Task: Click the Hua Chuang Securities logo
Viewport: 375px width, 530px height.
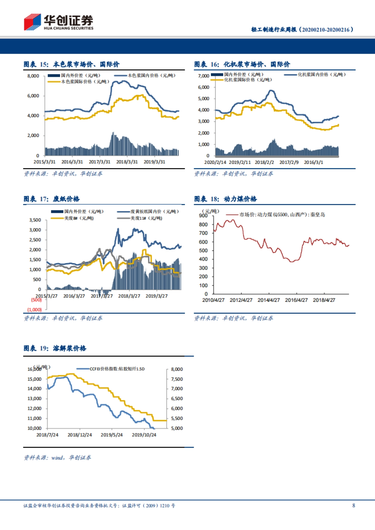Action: pyautogui.click(x=58, y=22)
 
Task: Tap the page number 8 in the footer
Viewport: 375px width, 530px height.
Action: pyautogui.click(x=353, y=505)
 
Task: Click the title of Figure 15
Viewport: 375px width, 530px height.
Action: pyautogui.click(x=72, y=64)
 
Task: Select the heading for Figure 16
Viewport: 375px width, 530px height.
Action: pyautogui.click(x=242, y=64)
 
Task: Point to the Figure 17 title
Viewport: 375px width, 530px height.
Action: pyautogui.click(x=52, y=199)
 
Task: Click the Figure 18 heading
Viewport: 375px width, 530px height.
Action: pyautogui.click(x=225, y=199)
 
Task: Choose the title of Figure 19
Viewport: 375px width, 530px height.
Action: pyautogui.click(x=55, y=348)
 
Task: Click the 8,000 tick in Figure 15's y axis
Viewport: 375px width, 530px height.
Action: pyautogui.click(x=33, y=76)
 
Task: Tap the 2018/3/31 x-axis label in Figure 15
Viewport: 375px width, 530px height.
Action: pyautogui.click(x=127, y=162)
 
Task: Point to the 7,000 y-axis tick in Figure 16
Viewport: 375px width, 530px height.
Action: pyautogui.click(x=203, y=76)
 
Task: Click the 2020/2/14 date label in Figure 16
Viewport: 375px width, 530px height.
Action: pyautogui.click(x=215, y=162)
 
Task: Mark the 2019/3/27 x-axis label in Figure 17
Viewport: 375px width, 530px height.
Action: pyautogui.click(x=157, y=296)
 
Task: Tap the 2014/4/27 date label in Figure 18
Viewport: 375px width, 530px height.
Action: pyautogui.click(x=269, y=300)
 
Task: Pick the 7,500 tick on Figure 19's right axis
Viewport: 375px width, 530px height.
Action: pyautogui.click(x=177, y=379)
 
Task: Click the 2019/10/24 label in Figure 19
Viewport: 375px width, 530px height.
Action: pyautogui.click(x=144, y=435)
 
